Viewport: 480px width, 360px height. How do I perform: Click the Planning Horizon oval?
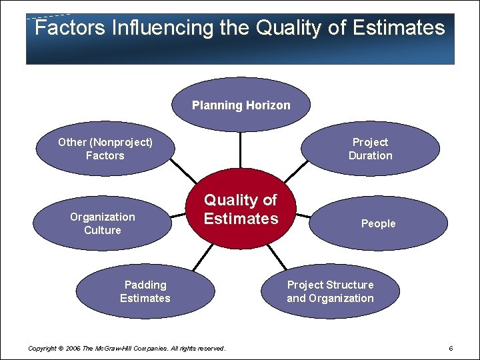click(x=241, y=105)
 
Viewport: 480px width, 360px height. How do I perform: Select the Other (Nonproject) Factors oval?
click(x=105, y=149)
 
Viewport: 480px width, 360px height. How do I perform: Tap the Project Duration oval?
click(x=370, y=149)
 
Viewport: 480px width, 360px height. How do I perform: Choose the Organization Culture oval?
click(x=102, y=223)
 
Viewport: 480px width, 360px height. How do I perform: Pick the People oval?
click(x=378, y=223)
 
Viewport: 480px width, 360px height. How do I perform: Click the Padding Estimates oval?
click(x=145, y=291)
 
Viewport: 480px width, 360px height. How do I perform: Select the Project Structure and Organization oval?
click(x=330, y=291)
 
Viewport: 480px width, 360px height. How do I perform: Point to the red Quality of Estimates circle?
click(x=241, y=209)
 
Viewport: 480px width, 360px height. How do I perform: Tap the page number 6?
click(x=451, y=349)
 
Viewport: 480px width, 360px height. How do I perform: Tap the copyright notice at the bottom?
click(x=127, y=349)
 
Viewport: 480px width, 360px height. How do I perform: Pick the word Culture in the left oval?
click(x=102, y=230)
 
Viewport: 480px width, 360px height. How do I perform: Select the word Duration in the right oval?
click(x=370, y=155)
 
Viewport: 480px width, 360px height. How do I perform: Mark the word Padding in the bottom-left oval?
click(x=145, y=285)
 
